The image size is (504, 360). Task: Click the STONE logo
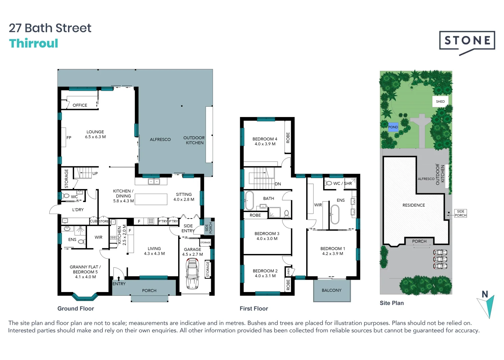tap(467, 42)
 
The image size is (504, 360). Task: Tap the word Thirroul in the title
tap(34, 44)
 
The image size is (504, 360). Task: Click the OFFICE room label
tap(80, 105)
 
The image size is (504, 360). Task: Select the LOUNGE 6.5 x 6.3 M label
tap(95, 134)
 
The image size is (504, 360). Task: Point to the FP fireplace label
tap(69, 138)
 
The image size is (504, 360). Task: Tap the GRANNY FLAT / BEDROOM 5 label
tap(85, 272)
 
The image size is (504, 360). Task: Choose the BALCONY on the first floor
tap(332, 290)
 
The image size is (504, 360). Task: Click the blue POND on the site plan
tap(393, 127)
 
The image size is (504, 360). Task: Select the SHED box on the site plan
tap(440, 102)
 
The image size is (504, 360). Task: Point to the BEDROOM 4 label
tap(265, 141)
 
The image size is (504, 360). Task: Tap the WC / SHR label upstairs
tap(342, 183)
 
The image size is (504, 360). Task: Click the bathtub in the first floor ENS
tap(335, 214)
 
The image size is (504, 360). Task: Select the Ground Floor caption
tap(76, 309)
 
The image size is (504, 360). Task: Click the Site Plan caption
tap(392, 303)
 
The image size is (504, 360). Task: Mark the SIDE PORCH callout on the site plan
tap(460, 213)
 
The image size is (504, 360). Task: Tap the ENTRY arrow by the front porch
tap(119, 278)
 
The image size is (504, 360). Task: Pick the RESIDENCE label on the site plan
tap(414, 205)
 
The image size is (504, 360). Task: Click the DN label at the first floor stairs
tap(278, 184)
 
